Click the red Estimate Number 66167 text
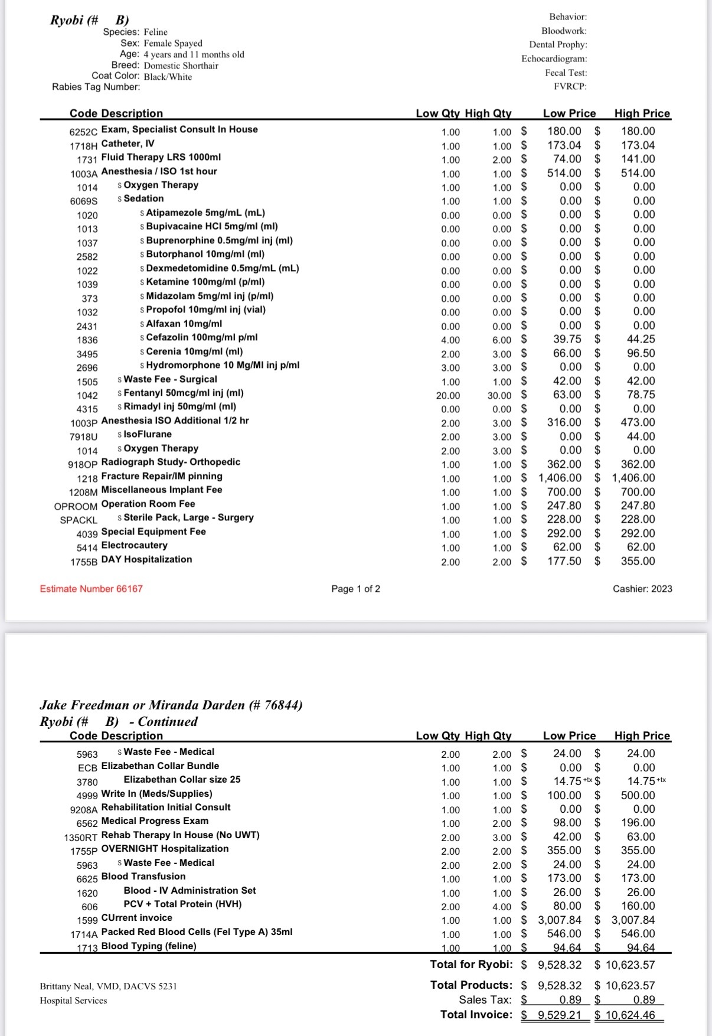tap(91, 588)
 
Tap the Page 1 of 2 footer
tap(355, 588)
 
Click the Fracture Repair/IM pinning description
tap(162, 476)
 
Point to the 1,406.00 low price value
tap(560, 478)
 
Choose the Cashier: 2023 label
tap(642, 588)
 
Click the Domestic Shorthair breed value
tap(181, 66)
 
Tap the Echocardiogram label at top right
tap(554, 58)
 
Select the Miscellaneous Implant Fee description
tap(162, 490)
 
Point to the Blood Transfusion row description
tap(143, 877)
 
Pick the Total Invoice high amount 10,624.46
tap(630, 1015)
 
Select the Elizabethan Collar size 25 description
tap(182, 780)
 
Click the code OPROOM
tap(76, 507)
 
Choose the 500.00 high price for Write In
tap(638, 796)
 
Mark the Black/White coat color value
tap(168, 77)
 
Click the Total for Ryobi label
tap(471, 965)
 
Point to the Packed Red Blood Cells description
tap(197, 932)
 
